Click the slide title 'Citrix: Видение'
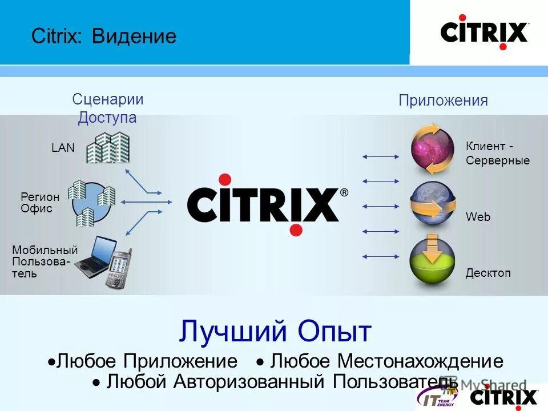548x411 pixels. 104,37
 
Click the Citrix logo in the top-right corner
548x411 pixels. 483,32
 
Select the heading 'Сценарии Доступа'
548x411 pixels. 107,108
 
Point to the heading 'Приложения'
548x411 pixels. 443,101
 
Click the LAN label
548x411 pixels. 63,148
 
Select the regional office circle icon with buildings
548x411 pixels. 91,202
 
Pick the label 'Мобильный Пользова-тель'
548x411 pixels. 44,261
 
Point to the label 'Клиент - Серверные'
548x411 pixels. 497,154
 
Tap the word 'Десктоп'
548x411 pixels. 488,273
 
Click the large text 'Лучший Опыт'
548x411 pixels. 275,331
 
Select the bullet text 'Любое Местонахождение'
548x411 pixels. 386,361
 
